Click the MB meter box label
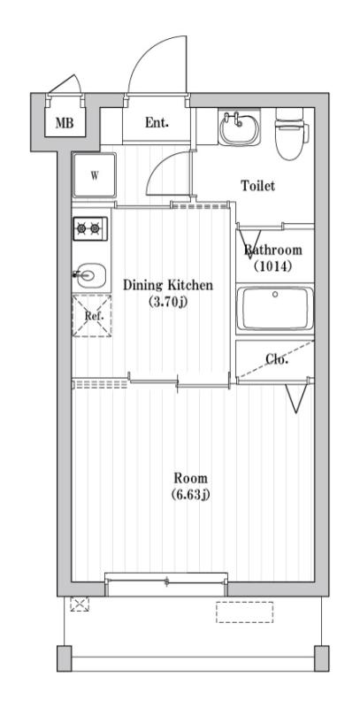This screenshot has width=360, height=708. tap(65, 123)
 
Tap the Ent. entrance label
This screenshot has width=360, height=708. tap(157, 123)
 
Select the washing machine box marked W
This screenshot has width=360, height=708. tap(93, 173)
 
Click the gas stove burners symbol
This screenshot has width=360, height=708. tap(90, 228)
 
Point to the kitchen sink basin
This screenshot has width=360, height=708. tap(91, 275)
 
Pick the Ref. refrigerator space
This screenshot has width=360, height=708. tap(92, 315)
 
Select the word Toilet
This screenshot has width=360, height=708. tap(258, 186)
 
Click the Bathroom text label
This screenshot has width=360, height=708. tap(273, 250)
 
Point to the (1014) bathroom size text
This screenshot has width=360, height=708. tap(273, 265)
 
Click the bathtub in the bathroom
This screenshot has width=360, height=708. tap(274, 309)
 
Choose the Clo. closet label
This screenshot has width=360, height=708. tap(277, 358)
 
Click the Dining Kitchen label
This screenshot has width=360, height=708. tap(167, 285)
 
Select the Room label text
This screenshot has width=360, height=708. tap(189, 477)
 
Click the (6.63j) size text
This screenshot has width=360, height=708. tap(189, 493)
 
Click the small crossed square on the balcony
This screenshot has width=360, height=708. tap(80, 605)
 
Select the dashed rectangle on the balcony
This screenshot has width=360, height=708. tap(244, 612)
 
